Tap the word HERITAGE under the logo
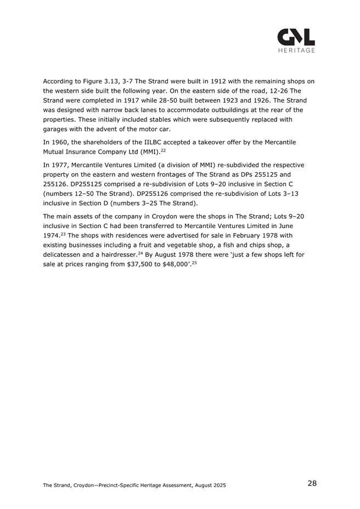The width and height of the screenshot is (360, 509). coord(296,51)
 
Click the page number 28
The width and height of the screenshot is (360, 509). coord(312,483)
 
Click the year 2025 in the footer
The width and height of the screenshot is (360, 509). coord(218,485)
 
